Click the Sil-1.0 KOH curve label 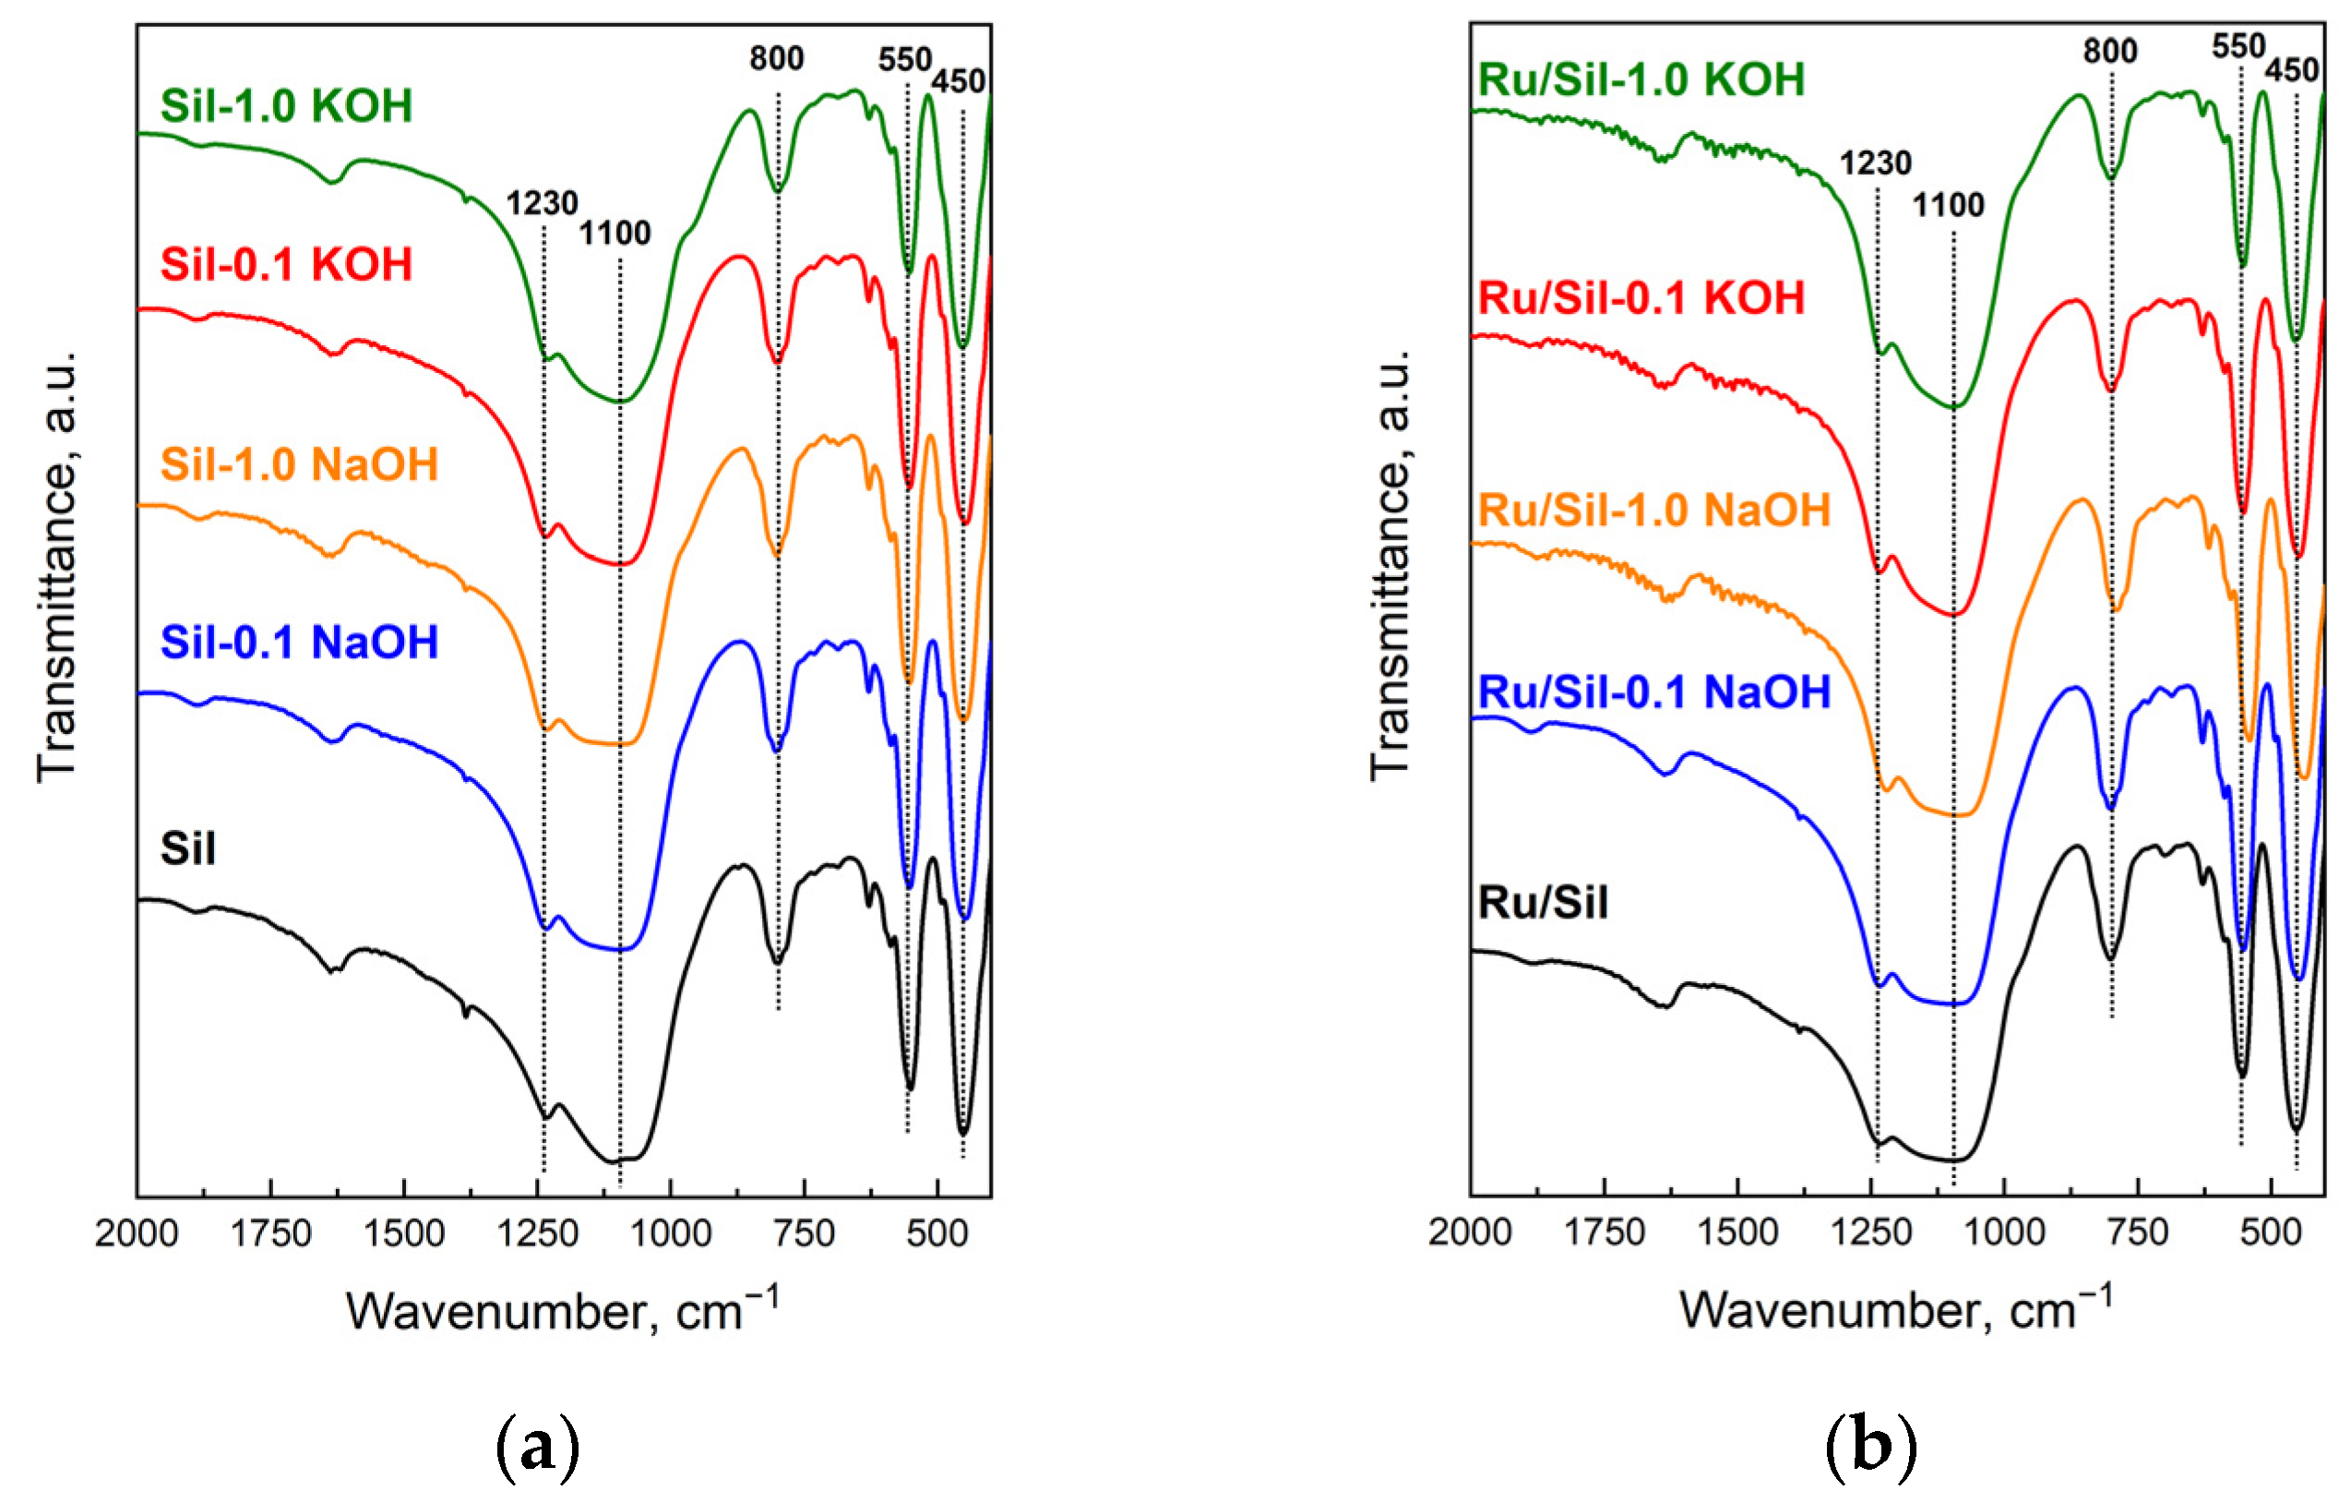pos(286,105)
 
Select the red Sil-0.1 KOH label pos(286,265)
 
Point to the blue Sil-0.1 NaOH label pos(299,642)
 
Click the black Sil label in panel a pos(187,848)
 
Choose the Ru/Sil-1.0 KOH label pos(1641,79)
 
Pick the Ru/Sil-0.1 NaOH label pos(1653,691)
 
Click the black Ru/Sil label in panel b pos(1543,901)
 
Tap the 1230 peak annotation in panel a pos(542,203)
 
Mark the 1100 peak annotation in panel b pos(1948,205)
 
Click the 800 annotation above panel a pos(776,58)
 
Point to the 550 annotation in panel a pos(904,60)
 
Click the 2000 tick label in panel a pos(137,1233)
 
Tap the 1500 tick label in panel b pos(1736,1232)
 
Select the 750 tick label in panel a pos(804,1233)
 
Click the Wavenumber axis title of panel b pos(1895,1310)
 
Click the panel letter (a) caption pos(538,1448)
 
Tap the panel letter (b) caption pos(1870,1448)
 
